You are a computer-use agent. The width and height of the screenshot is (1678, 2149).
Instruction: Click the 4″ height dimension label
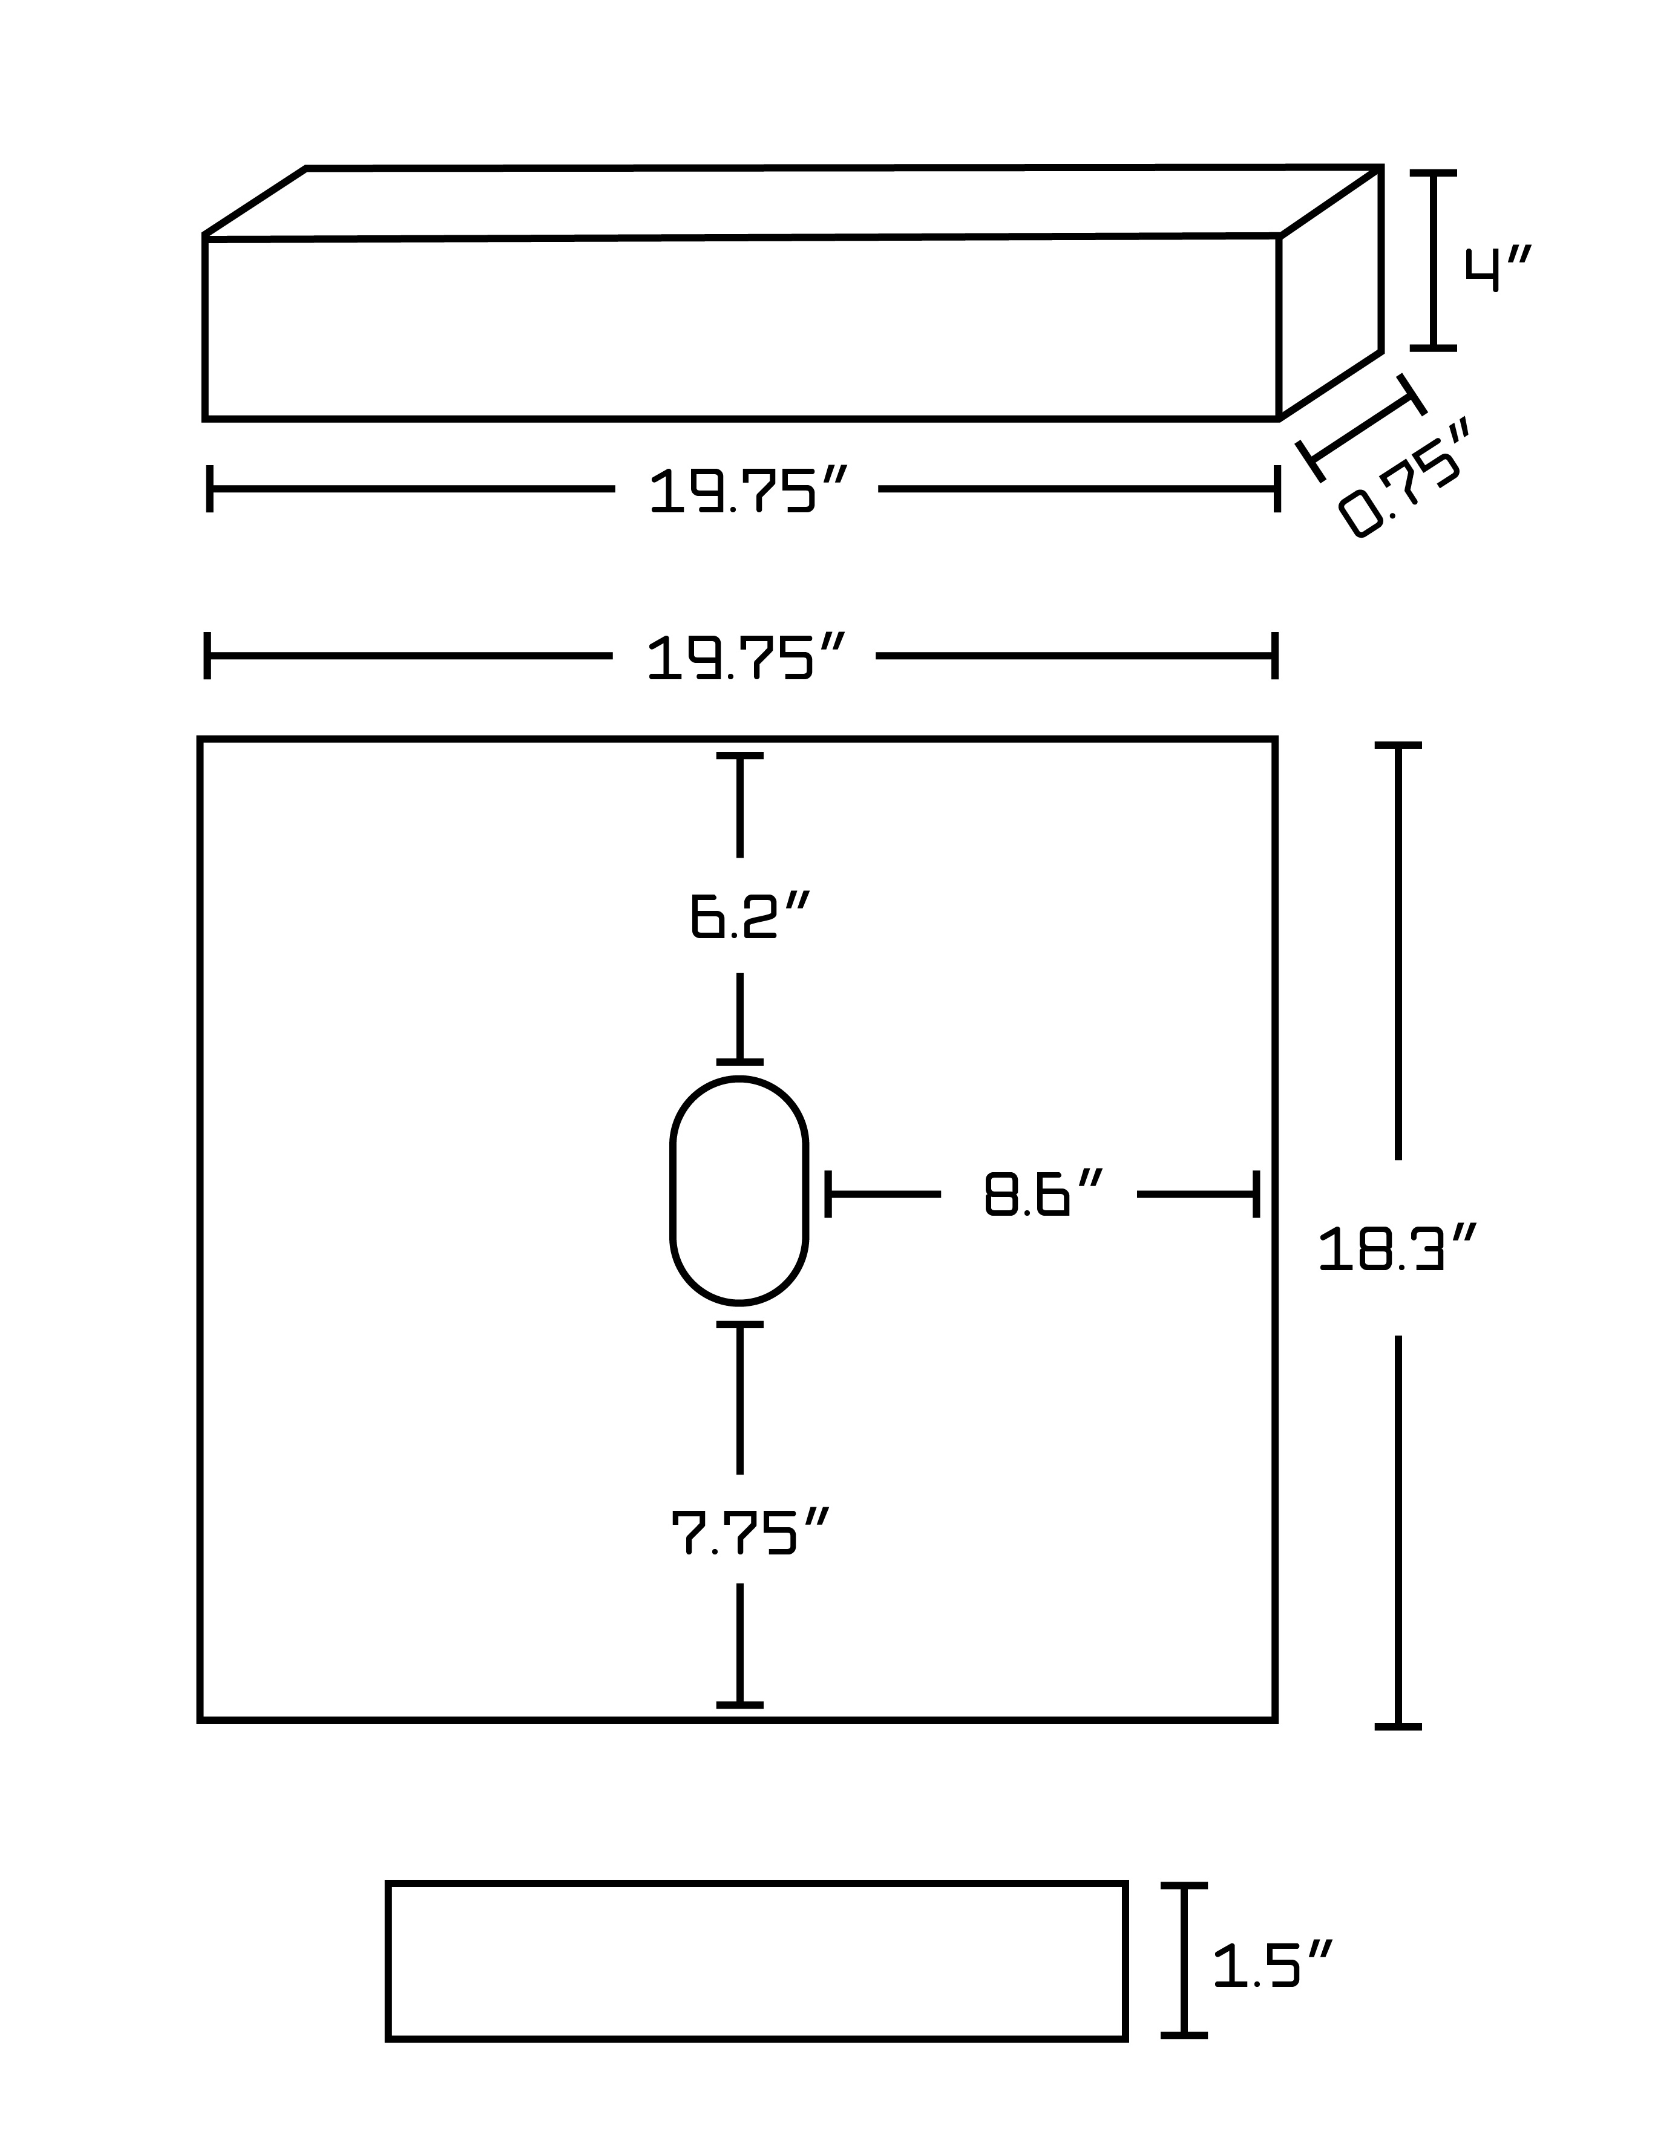coord(1498,270)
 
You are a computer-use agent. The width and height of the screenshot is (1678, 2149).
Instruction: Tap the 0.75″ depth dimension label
coord(1404,478)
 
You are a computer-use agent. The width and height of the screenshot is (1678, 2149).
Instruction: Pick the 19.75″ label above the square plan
coord(746,657)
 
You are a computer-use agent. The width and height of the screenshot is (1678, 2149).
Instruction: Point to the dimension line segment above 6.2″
coord(740,805)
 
